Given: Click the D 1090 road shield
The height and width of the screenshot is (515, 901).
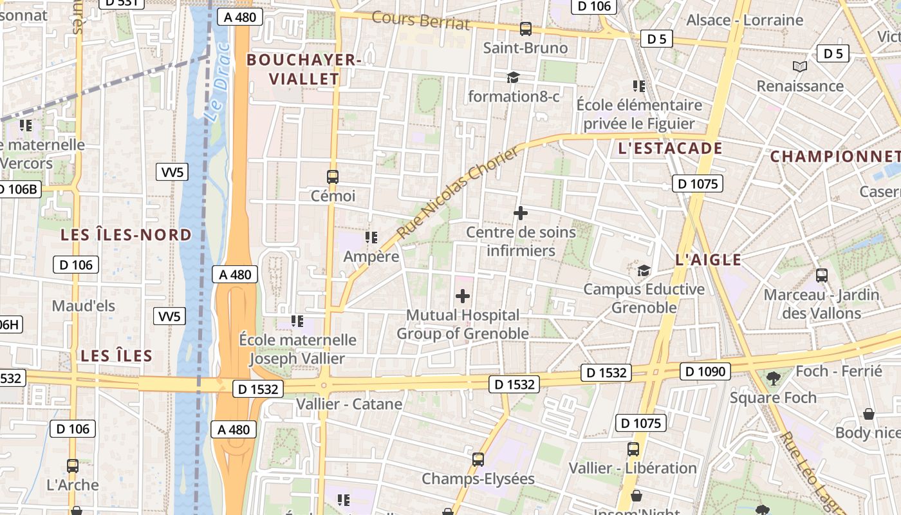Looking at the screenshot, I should [705, 371].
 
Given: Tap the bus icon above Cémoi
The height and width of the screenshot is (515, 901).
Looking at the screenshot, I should [333, 176].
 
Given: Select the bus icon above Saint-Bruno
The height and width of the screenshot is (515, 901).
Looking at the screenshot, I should [526, 29].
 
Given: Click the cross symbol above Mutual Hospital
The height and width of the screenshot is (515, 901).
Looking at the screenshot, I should [462, 296].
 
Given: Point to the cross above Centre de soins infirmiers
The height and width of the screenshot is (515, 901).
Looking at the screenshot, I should [521, 213].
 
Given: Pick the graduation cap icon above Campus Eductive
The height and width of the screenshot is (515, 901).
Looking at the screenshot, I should [644, 270].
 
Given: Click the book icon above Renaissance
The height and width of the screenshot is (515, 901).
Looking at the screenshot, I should [799, 66].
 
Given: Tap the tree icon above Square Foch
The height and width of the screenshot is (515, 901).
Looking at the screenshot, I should [774, 378].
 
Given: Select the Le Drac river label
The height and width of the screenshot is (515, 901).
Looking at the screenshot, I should [216, 82].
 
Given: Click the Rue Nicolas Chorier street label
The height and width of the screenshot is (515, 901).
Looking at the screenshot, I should [458, 192].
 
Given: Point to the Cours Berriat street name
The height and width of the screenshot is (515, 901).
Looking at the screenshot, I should [421, 20].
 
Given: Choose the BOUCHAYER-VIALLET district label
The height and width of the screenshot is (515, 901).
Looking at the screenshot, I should [303, 70].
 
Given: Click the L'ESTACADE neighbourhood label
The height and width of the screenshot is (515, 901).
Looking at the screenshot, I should [669, 149].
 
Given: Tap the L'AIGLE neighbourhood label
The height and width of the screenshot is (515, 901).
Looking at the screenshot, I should [709, 260].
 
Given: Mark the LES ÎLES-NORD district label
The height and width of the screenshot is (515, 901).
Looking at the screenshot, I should [126, 235].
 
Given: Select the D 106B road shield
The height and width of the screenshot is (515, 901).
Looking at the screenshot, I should [19, 189].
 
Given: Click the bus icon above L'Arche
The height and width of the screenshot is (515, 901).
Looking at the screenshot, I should [73, 465].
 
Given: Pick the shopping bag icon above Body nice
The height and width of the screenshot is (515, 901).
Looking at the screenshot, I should [869, 414].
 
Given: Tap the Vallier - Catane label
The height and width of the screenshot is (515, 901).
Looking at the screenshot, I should [349, 404].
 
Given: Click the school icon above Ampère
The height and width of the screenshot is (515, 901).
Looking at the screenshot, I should [371, 238].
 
